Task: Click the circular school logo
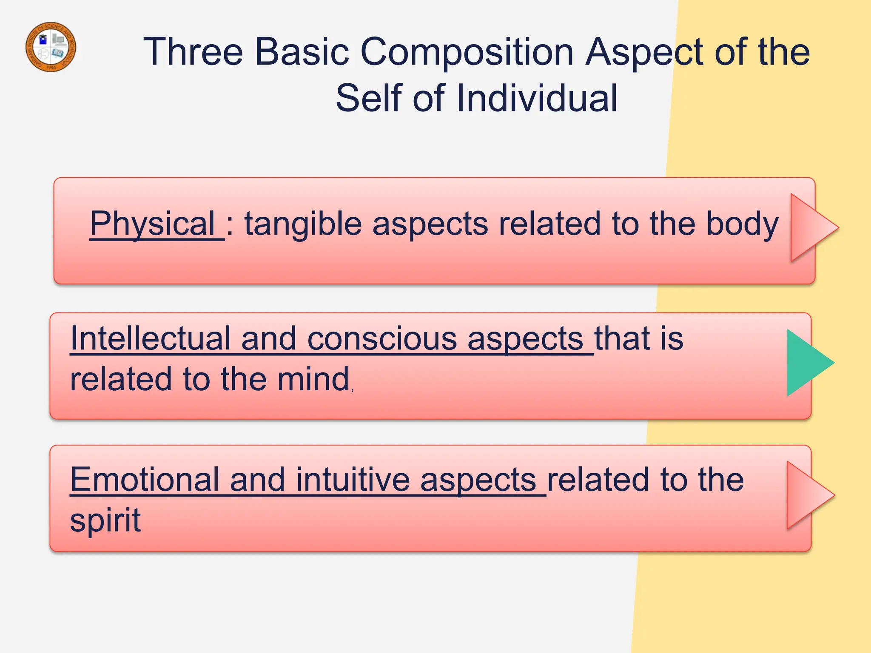tap(51, 47)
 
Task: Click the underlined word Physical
tap(152, 224)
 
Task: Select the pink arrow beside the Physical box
tap(811, 228)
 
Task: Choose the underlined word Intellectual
tap(150, 339)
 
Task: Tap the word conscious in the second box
tap(381, 339)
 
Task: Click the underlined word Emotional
tap(144, 480)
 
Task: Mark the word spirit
tap(105, 520)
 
